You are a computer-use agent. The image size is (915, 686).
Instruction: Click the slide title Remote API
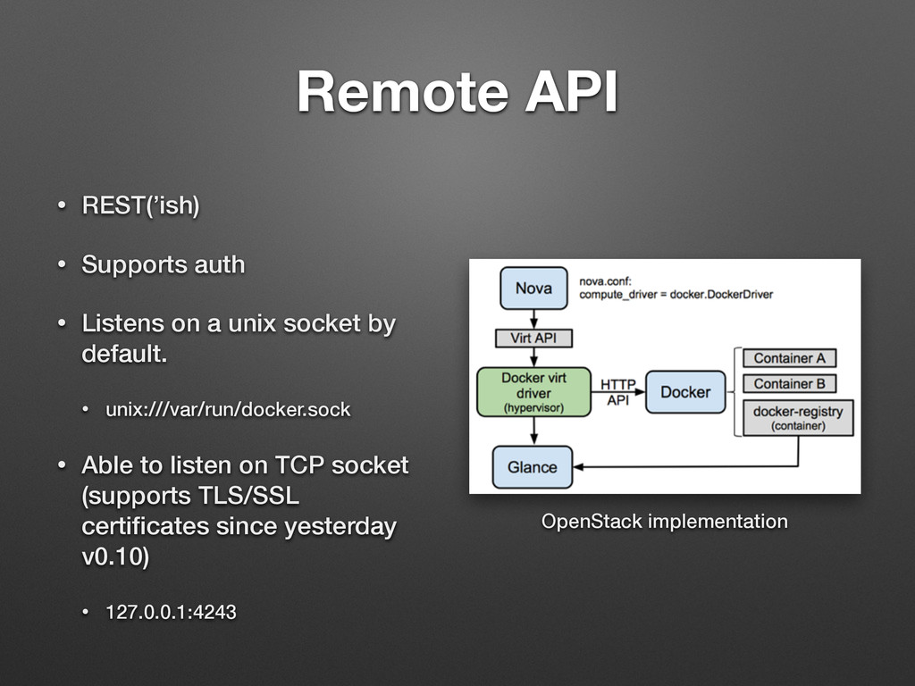[x=457, y=92]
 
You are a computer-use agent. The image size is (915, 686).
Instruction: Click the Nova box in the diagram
[x=533, y=289]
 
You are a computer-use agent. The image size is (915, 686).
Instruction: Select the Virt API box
[x=533, y=339]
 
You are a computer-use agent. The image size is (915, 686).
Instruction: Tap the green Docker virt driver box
[x=533, y=392]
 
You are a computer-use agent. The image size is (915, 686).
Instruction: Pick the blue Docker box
[x=685, y=392]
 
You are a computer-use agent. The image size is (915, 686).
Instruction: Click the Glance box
[x=533, y=467]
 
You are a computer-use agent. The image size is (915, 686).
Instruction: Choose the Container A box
[x=789, y=358]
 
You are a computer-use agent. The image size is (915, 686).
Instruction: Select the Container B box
[x=789, y=384]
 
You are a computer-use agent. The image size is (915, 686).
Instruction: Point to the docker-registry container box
[x=798, y=418]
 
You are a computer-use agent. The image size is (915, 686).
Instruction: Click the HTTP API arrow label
[x=618, y=392]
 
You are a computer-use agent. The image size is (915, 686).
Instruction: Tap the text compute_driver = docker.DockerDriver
[x=676, y=295]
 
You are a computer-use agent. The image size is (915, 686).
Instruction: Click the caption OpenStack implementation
[x=665, y=521]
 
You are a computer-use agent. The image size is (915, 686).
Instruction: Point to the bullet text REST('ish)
[x=140, y=205]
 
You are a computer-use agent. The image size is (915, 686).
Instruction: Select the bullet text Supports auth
[x=164, y=264]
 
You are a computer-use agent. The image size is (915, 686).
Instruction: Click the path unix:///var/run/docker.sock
[x=228, y=409]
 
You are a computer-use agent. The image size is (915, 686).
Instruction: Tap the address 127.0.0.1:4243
[x=171, y=612]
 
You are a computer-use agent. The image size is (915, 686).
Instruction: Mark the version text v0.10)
[x=115, y=556]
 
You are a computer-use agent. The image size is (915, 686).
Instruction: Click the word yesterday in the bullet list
[x=340, y=527]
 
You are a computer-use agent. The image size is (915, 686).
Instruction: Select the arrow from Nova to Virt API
[x=534, y=319]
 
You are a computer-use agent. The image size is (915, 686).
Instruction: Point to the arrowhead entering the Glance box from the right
[x=578, y=466]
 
